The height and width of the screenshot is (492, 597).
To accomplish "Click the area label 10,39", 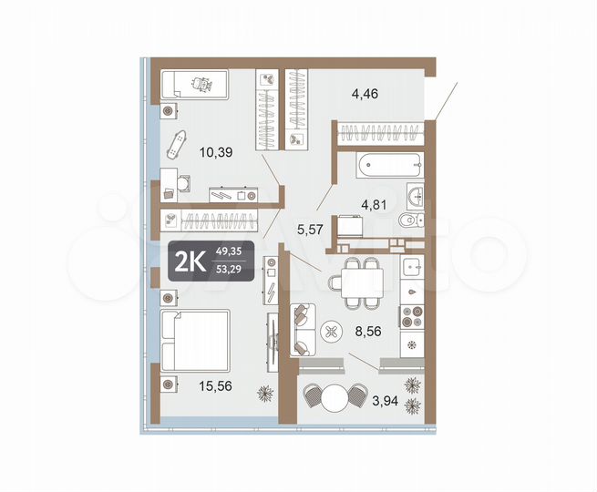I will (217, 153).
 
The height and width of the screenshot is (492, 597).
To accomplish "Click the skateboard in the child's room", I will (179, 142).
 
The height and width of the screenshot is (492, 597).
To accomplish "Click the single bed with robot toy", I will (194, 85).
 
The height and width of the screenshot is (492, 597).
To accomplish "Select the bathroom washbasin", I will (416, 194).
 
